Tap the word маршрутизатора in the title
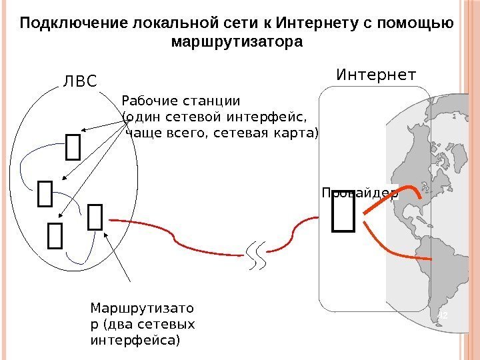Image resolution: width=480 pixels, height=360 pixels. click(x=237, y=42)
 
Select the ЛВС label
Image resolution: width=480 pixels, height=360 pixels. click(x=79, y=82)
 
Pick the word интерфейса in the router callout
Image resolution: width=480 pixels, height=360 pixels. click(x=134, y=340)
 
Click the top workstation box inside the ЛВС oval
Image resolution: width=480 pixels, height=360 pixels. click(x=73, y=147)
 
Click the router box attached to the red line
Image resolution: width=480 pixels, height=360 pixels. click(x=95, y=218)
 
